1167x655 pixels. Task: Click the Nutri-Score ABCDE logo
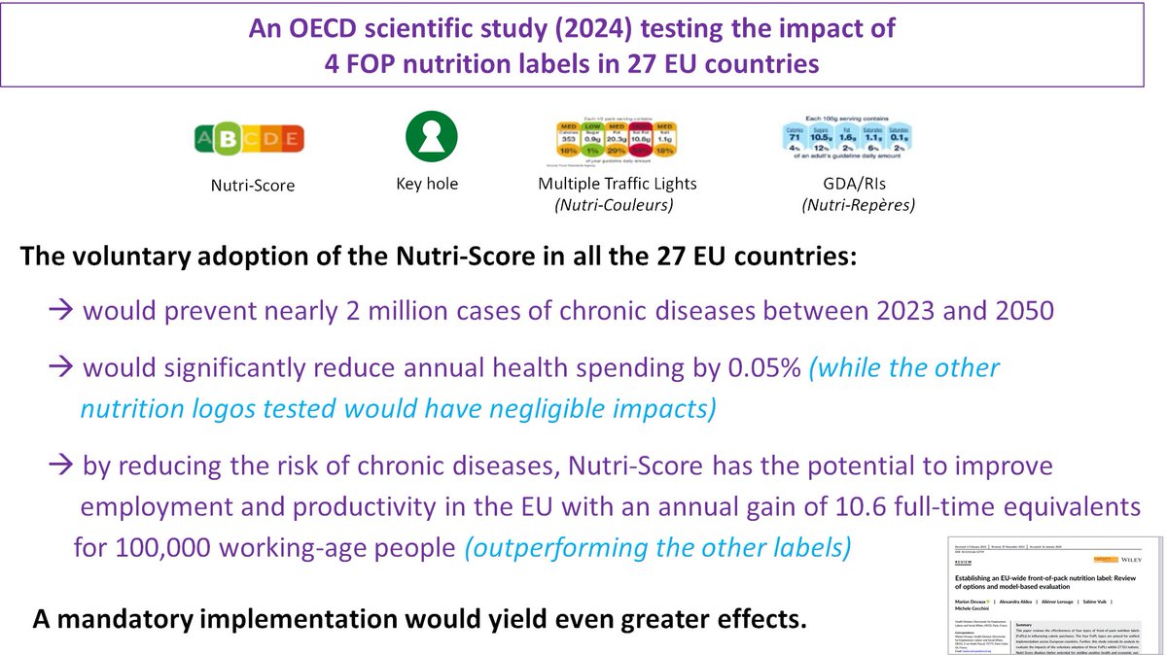pos(251,142)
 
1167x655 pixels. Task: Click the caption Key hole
pos(428,185)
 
